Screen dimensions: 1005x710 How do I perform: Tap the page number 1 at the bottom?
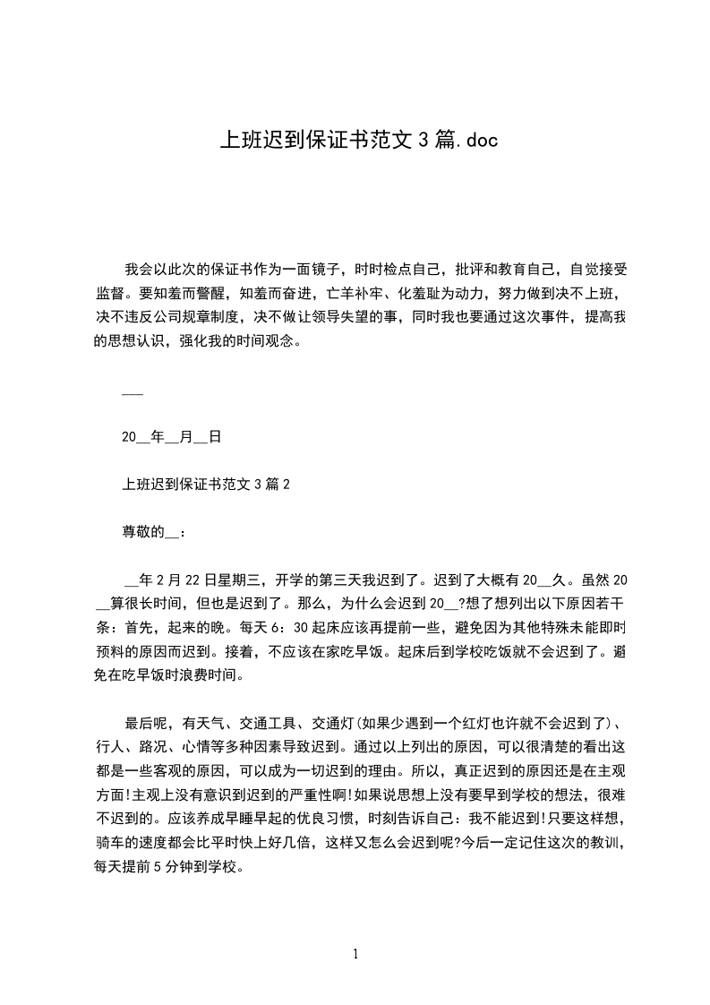click(355, 955)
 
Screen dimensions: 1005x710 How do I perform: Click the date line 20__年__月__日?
click(171, 438)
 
